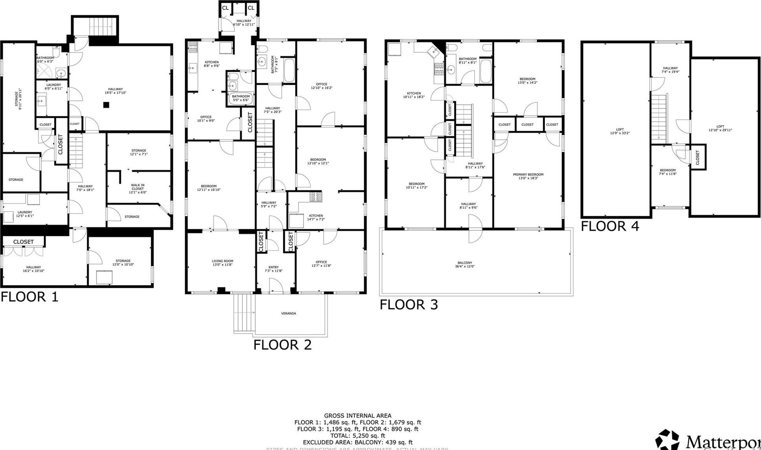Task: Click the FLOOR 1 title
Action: tap(29, 296)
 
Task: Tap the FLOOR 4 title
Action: tap(610, 226)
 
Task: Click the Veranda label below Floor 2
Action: tap(289, 313)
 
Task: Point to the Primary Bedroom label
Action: tap(528, 176)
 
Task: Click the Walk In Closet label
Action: tap(138, 188)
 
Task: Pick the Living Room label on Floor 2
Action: tap(222, 263)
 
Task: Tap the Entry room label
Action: tap(273, 269)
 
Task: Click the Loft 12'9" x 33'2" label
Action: tap(620, 131)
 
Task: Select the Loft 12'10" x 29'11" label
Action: tap(720, 128)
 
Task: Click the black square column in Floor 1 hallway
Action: tap(106, 105)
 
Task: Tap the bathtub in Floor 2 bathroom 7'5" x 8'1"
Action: tap(289, 71)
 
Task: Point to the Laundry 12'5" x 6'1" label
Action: tap(25, 214)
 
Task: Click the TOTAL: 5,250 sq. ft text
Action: tap(357, 435)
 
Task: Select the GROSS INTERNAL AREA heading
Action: tap(357, 415)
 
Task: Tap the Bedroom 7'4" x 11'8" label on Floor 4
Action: tap(668, 172)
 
